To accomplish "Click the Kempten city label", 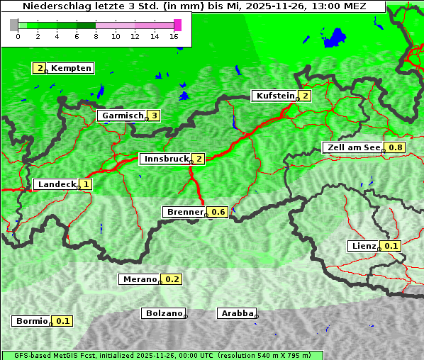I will [x=71, y=68].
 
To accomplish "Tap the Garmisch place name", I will [x=123, y=116].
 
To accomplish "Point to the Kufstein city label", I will [x=276, y=96].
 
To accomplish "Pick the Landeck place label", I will [x=57, y=184].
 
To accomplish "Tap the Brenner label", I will [x=184, y=212].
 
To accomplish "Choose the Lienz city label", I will [x=364, y=246].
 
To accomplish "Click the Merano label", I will [x=139, y=279].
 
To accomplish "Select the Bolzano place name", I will [x=164, y=313].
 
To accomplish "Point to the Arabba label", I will [x=237, y=313].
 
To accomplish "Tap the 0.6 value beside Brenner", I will [x=218, y=212].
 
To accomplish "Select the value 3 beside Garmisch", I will [x=154, y=116].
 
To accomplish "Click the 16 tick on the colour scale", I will [x=174, y=35].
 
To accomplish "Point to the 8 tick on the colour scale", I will [x=96, y=35].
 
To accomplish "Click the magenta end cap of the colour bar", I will [x=177, y=25].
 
